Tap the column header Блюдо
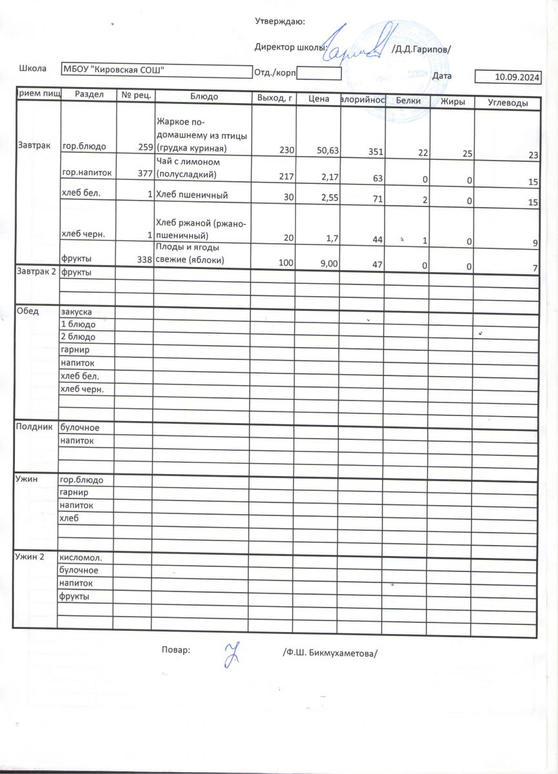coord(204,97)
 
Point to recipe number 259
coord(144,148)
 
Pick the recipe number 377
coord(144,174)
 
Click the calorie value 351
coord(375,152)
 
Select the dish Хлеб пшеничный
coord(192,195)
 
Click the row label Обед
coord(26,311)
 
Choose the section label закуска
coord(77,312)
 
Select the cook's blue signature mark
coord(230,655)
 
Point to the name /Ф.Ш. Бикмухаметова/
coord(329,652)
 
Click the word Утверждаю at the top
coord(280,21)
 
